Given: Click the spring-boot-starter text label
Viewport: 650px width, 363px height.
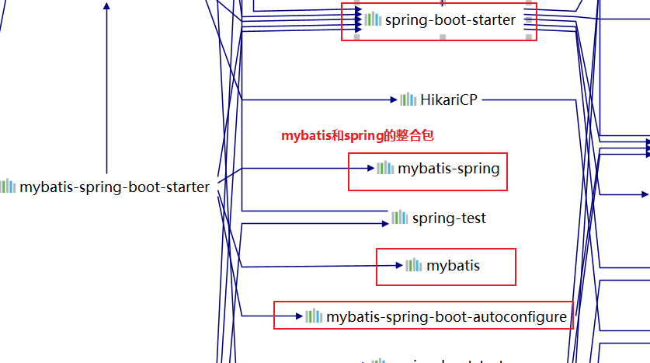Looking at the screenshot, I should click(450, 20).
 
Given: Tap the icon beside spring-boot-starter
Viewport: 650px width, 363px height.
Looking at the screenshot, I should click(373, 19).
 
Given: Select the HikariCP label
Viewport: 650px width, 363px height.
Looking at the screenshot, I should click(449, 99).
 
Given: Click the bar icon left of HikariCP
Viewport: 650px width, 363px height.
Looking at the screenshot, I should click(408, 99).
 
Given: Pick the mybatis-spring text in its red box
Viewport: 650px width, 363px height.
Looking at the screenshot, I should click(448, 168).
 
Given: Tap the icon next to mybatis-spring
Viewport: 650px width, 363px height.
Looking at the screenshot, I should click(385, 168).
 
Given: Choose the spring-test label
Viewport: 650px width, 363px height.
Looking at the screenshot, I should click(449, 218).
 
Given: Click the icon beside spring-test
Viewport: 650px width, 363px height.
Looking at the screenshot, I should click(400, 218).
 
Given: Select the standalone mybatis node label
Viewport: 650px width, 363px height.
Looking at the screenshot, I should click(453, 266).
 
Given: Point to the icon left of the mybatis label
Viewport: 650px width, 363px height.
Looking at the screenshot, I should click(414, 265).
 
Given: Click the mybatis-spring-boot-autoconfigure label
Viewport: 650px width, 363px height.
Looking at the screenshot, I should click(447, 316).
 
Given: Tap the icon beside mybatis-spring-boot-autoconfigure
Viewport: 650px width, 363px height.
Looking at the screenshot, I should click(314, 316).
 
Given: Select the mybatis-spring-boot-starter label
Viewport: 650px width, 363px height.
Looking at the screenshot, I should click(114, 187).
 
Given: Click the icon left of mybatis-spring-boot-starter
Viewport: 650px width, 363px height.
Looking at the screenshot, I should click(8, 187).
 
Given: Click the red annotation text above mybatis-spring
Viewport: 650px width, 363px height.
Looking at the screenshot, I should click(357, 135).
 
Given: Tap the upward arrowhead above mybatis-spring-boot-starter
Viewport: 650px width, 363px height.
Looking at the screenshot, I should click(106, 5).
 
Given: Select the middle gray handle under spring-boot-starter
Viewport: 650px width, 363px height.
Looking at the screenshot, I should click(443, 37).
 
